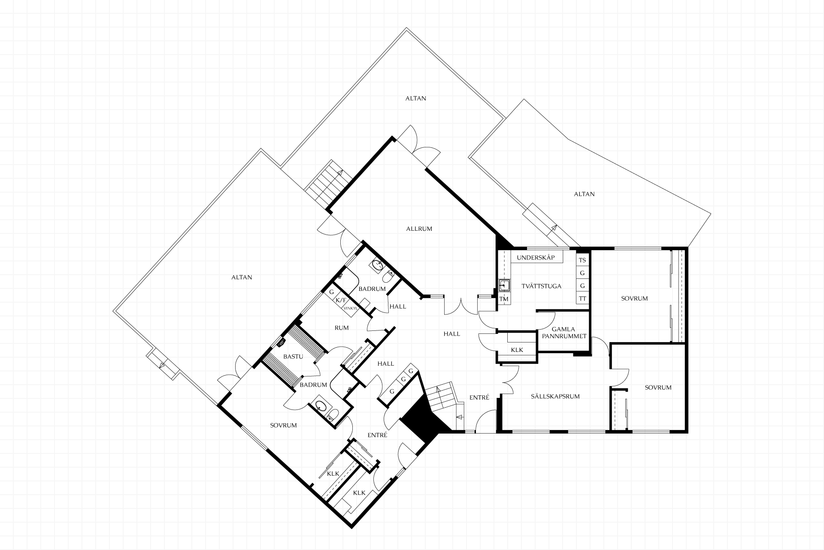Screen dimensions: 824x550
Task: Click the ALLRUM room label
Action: (x=419, y=229)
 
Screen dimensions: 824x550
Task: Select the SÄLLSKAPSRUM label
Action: (x=555, y=397)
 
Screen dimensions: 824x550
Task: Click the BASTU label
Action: (x=293, y=357)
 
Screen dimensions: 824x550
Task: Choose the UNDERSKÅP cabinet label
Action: (x=536, y=258)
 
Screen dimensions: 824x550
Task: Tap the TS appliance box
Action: (x=582, y=260)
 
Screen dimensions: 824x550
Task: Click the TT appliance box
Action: (x=582, y=298)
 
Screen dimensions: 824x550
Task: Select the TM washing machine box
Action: (x=504, y=299)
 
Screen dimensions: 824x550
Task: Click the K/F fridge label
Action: (x=341, y=300)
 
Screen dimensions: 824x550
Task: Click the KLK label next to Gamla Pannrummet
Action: (x=517, y=350)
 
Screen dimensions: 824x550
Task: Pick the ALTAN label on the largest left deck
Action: (x=242, y=277)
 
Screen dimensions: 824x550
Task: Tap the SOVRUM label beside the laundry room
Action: (x=634, y=298)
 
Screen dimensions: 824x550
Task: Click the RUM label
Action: (x=342, y=327)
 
